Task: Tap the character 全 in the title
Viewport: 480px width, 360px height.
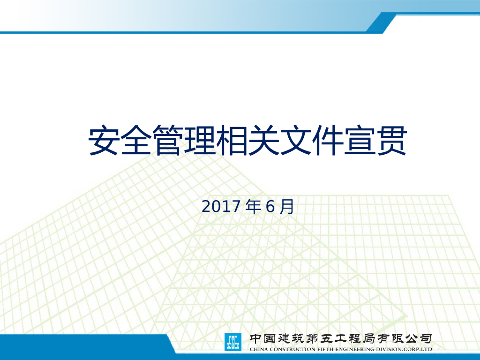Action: pyautogui.click(x=136, y=140)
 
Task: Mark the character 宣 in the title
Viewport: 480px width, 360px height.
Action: pyautogui.click(x=360, y=140)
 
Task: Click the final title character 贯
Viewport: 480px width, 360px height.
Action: pyautogui.click(x=391, y=140)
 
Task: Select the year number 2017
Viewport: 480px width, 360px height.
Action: pyautogui.click(x=221, y=206)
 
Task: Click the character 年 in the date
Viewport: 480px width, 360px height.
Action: pyautogui.click(x=254, y=206)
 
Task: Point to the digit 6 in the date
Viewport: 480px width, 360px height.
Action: pyautogui.click(x=270, y=206)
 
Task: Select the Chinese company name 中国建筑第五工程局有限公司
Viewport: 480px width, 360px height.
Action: pyautogui.click(x=340, y=338)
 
